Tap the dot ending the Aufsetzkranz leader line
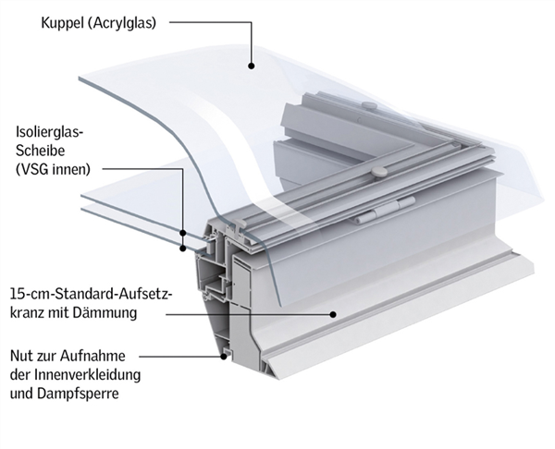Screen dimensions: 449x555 tap(332, 313)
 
